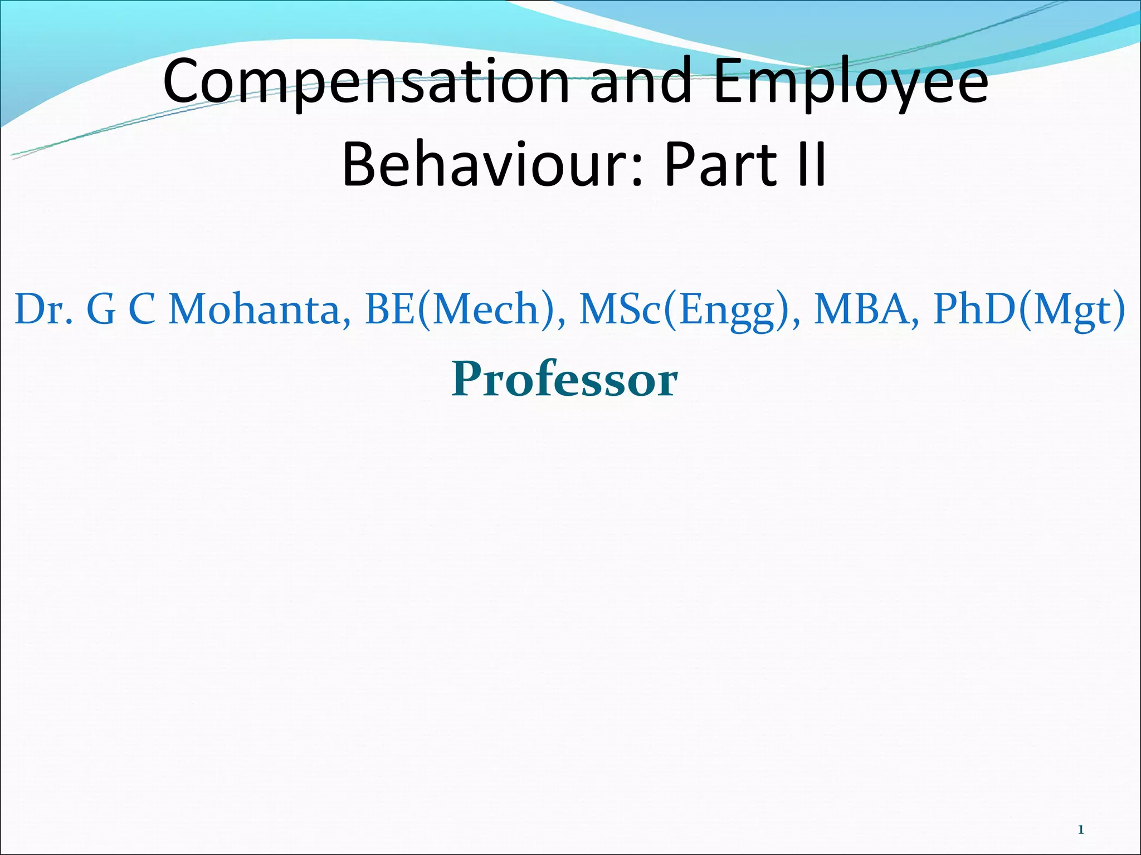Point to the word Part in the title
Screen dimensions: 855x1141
(719, 164)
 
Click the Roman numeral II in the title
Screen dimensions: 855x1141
(811, 164)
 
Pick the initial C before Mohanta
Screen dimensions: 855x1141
(142, 309)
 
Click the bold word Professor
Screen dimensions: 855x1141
(564, 379)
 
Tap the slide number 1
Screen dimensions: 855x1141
(1081, 830)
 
